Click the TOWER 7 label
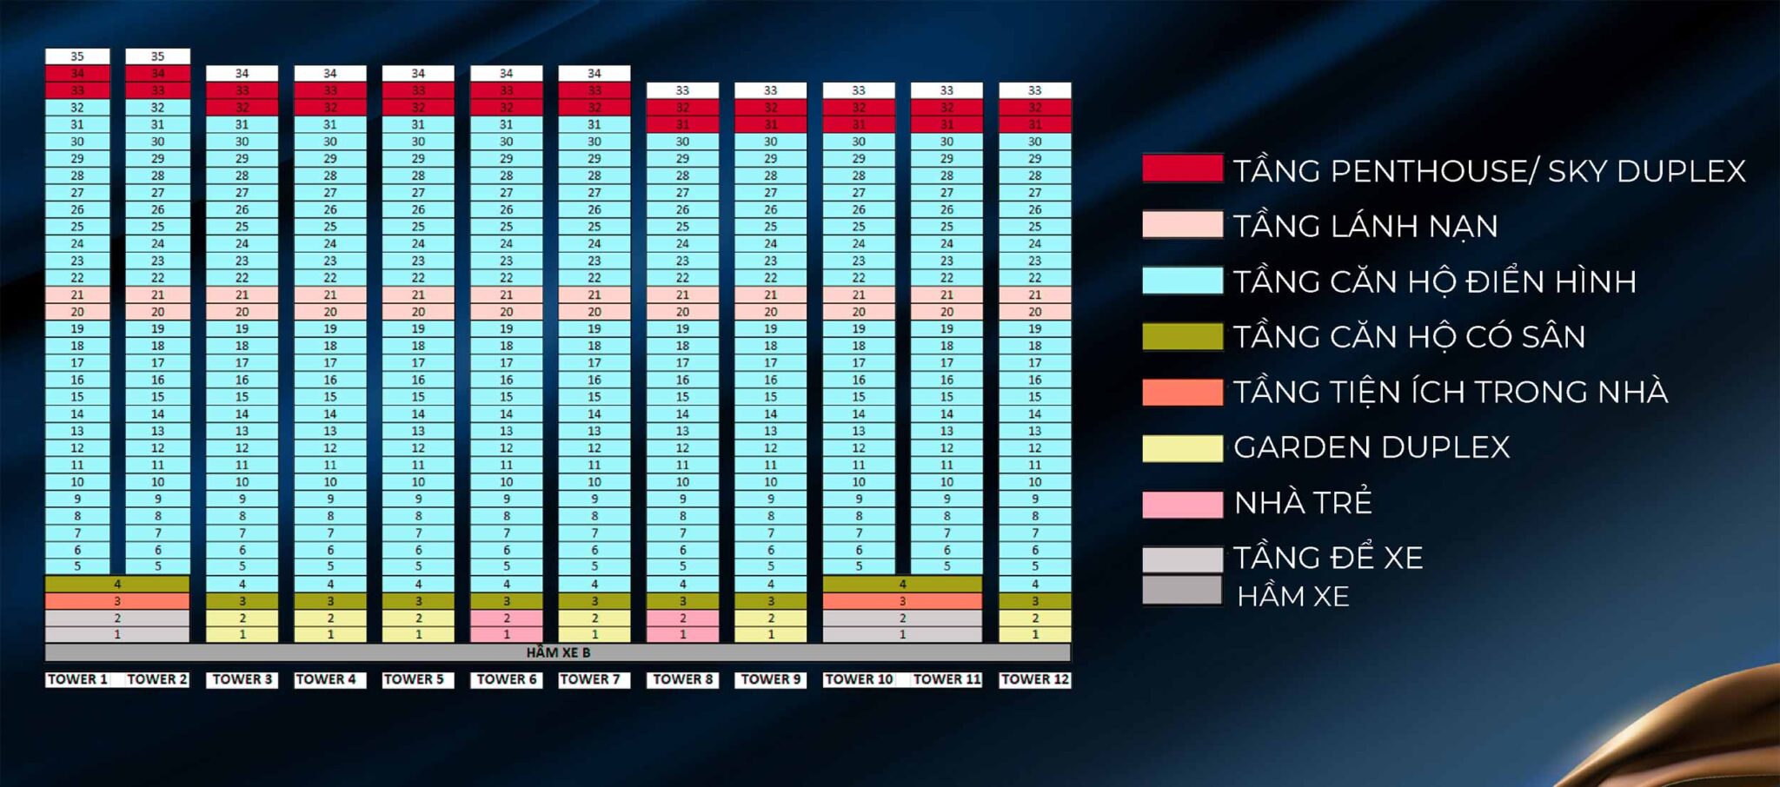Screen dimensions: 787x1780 (x=590, y=679)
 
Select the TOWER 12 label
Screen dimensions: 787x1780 (x=1034, y=679)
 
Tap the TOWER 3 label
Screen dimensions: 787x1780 (x=242, y=679)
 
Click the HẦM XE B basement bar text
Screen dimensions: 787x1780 (x=558, y=652)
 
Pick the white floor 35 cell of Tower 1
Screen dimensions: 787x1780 (x=77, y=56)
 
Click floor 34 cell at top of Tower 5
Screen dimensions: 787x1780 (x=418, y=74)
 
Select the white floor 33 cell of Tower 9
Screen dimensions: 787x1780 (x=770, y=90)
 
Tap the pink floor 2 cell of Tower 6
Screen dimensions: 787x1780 (x=507, y=618)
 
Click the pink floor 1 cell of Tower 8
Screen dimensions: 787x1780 (x=682, y=635)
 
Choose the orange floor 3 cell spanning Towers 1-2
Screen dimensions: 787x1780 (x=117, y=601)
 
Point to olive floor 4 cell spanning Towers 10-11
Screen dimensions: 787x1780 (x=902, y=584)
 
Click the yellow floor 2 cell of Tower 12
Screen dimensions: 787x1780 (x=1034, y=618)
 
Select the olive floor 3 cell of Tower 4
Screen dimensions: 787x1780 (x=330, y=601)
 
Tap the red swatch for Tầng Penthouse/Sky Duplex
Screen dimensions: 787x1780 (x=1182, y=169)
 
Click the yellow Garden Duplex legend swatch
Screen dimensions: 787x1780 (x=1182, y=448)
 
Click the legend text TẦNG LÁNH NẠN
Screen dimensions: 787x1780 (x=1365, y=226)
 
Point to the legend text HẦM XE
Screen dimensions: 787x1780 (x=1292, y=597)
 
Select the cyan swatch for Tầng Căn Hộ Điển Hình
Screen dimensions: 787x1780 (x=1182, y=281)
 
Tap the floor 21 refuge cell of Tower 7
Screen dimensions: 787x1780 (x=594, y=295)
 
